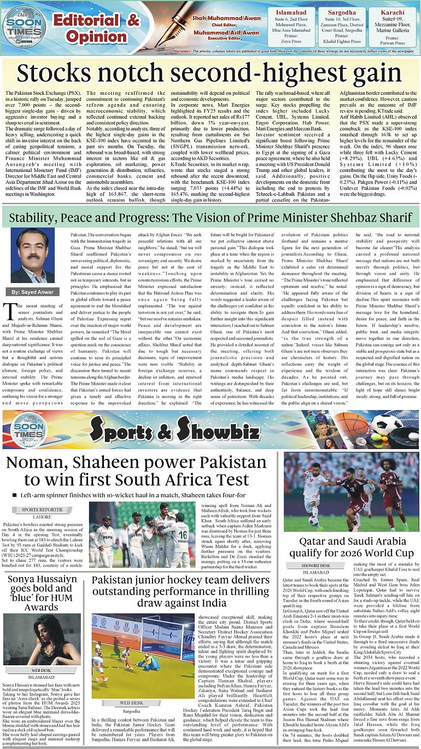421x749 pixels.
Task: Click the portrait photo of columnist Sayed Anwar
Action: [x=32, y=256]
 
